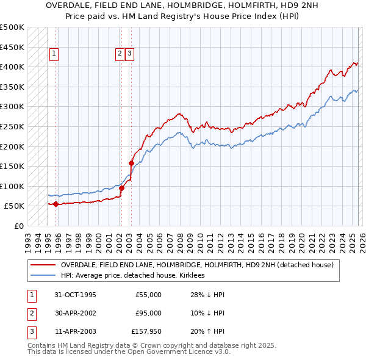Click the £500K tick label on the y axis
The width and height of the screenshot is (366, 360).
coord(12,27)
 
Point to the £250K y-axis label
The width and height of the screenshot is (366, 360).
coord(12,126)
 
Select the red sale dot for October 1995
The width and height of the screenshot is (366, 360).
coord(56,204)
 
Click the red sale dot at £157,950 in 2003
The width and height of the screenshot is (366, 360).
coord(131,163)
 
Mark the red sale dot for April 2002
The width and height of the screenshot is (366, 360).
coord(121,188)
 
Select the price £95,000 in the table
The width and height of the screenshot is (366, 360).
coord(149,312)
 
